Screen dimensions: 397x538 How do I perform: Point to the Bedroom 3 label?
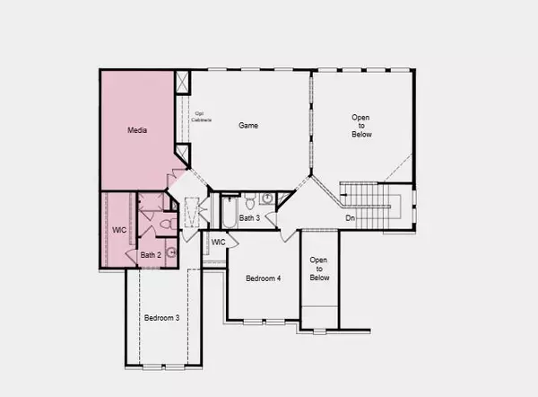coord(162,318)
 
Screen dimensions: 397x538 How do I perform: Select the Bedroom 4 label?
coord(264,278)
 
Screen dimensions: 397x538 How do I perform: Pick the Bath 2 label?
coord(151,255)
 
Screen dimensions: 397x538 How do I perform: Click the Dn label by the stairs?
coord(351,217)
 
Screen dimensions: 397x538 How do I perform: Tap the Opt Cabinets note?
coord(204,117)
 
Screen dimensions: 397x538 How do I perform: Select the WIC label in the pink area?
coord(118,230)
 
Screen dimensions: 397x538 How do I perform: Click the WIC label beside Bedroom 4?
coord(218,242)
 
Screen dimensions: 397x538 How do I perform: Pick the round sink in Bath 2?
coord(171,253)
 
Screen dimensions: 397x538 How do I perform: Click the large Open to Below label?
coord(361,125)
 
